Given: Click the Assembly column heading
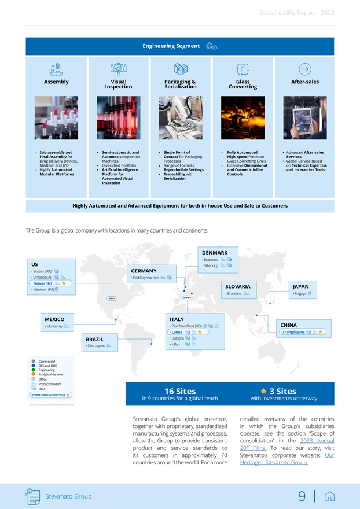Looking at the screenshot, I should [56, 82].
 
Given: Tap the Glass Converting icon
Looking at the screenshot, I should [243, 69].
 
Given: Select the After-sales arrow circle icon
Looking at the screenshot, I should [305, 69].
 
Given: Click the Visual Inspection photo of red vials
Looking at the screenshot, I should [119, 118].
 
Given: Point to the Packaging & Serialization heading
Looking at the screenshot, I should [180, 84].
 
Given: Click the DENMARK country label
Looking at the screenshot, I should [214, 253].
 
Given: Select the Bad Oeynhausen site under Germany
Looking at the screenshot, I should [145, 278].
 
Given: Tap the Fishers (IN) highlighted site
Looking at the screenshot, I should [42, 284].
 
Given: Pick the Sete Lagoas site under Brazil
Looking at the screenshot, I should [95, 346].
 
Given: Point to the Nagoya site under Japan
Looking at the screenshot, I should [300, 294].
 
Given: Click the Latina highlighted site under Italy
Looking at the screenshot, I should [177, 333].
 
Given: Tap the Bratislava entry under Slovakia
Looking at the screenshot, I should [234, 294].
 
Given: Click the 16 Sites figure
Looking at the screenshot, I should [180, 392].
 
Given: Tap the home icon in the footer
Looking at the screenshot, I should [330, 496].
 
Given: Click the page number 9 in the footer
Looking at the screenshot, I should [302, 496].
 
